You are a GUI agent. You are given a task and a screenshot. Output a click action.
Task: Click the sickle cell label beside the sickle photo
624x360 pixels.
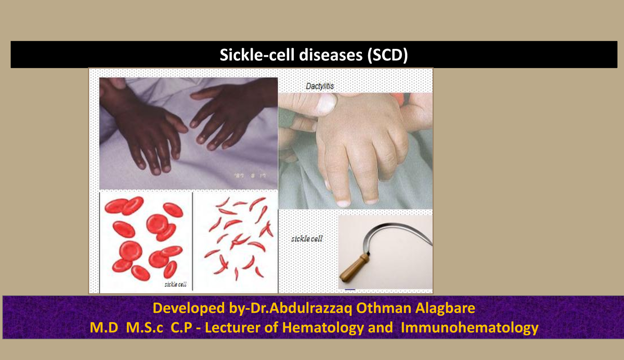307,239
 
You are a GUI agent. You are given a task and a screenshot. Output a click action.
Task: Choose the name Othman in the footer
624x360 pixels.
385,308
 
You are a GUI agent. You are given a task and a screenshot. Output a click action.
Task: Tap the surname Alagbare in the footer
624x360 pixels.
446,308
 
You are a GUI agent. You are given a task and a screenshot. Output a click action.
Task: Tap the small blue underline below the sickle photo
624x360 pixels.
349,288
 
